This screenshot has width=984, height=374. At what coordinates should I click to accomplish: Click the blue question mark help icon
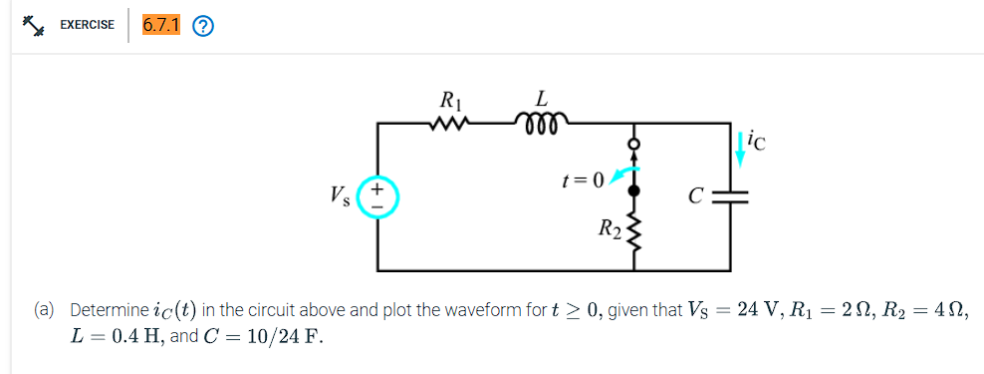click(x=203, y=27)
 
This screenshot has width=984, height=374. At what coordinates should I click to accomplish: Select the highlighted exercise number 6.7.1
click(x=160, y=26)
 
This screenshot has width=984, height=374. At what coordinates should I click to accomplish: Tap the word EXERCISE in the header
click(x=87, y=26)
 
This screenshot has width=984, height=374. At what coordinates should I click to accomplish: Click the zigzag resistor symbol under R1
click(x=450, y=124)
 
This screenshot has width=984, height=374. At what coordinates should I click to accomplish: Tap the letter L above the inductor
click(x=541, y=100)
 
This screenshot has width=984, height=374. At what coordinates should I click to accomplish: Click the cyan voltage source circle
click(x=378, y=195)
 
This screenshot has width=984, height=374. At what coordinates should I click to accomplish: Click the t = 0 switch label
click(x=583, y=181)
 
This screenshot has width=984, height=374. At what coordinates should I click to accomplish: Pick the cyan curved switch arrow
click(x=622, y=176)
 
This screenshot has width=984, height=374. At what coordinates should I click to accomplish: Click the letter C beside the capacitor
click(x=701, y=195)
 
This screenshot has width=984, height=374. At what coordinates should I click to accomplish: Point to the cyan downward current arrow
click(x=739, y=148)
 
